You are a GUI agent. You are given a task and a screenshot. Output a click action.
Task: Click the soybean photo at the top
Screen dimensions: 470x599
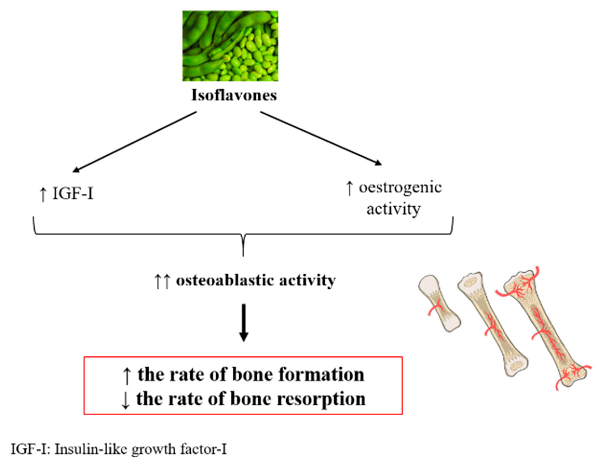coord(230,46)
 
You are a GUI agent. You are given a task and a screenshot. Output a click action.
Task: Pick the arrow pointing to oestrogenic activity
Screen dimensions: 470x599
coord(321,138)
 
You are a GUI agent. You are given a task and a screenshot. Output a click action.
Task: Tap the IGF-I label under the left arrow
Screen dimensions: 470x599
coord(73,194)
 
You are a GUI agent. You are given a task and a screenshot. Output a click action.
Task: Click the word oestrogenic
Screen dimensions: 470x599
coord(400,188)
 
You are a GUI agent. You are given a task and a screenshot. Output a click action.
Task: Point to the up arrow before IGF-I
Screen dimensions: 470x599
coord(43,194)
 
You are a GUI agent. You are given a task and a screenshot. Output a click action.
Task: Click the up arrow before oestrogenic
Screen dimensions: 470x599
coord(349,188)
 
